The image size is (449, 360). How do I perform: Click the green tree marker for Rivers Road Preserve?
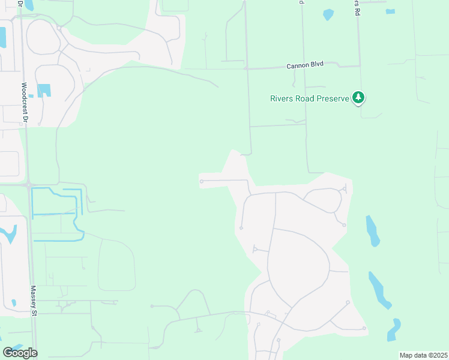(x=358, y=97)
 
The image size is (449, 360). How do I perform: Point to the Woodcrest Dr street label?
(x=25, y=103)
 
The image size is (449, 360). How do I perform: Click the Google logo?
(x=20, y=353)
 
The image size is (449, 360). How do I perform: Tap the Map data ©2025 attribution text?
(x=423, y=355)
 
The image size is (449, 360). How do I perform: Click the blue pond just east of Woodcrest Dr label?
(x=44, y=91)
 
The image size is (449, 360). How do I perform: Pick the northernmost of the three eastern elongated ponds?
(x=372, y=231)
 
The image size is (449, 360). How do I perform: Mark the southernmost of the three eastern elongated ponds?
(x=394, y=329)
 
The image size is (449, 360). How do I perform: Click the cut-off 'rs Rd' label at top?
(x=358, y=2)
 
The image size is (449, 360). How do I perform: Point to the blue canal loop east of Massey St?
(x=57, y=214)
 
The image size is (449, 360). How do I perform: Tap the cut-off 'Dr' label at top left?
(x=20, y=3)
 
